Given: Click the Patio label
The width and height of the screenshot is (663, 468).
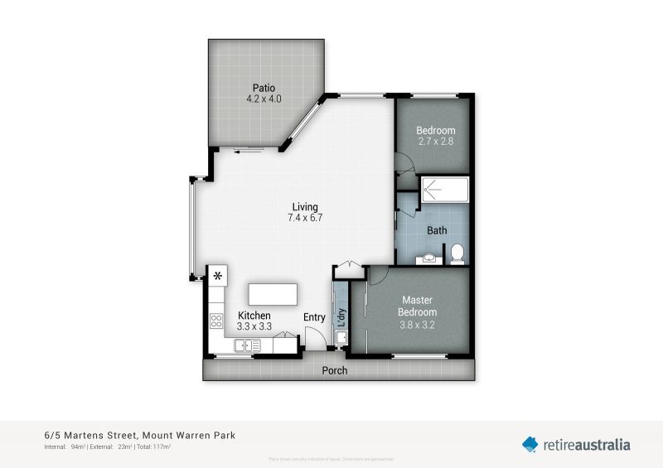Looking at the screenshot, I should coord(264,88).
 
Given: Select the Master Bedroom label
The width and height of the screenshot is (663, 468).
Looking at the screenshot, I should coord(419,306).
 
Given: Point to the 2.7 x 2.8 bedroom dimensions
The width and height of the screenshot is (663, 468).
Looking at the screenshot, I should coord(435,142).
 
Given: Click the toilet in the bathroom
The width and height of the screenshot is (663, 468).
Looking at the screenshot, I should coord(457,253).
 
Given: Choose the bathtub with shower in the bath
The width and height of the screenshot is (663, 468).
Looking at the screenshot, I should coord(444,190).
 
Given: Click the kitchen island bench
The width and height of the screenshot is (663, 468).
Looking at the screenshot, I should coord(273,294).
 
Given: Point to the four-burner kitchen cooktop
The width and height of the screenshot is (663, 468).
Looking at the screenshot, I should coord(216,321).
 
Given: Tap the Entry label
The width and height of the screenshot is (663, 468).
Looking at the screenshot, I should coord(314,317).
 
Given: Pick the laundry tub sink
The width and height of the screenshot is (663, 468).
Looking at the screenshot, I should coord(341,336).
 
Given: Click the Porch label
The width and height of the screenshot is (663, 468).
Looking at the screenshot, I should coord(335,370).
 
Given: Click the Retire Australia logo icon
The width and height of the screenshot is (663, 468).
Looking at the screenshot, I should coord(530,445).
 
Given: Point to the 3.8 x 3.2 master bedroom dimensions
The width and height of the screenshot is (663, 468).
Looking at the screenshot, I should coord(419,325).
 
